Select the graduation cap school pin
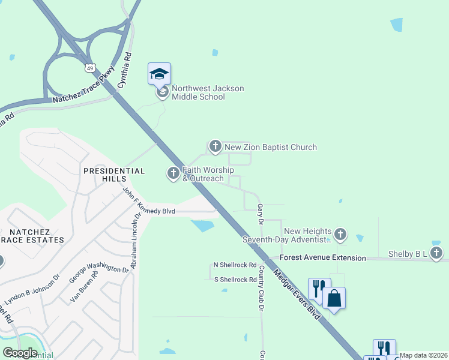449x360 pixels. point(159,74)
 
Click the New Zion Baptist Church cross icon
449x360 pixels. point(215,146)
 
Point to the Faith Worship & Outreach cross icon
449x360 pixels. point(173,173)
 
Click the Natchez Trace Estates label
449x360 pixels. point(36,235)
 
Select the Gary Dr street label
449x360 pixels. point(261,214)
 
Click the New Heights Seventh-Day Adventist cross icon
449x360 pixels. point(340,235)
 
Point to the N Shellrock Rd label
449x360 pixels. point(235,265)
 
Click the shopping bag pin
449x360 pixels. point(334,298)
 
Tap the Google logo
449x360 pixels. point(20,352)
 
